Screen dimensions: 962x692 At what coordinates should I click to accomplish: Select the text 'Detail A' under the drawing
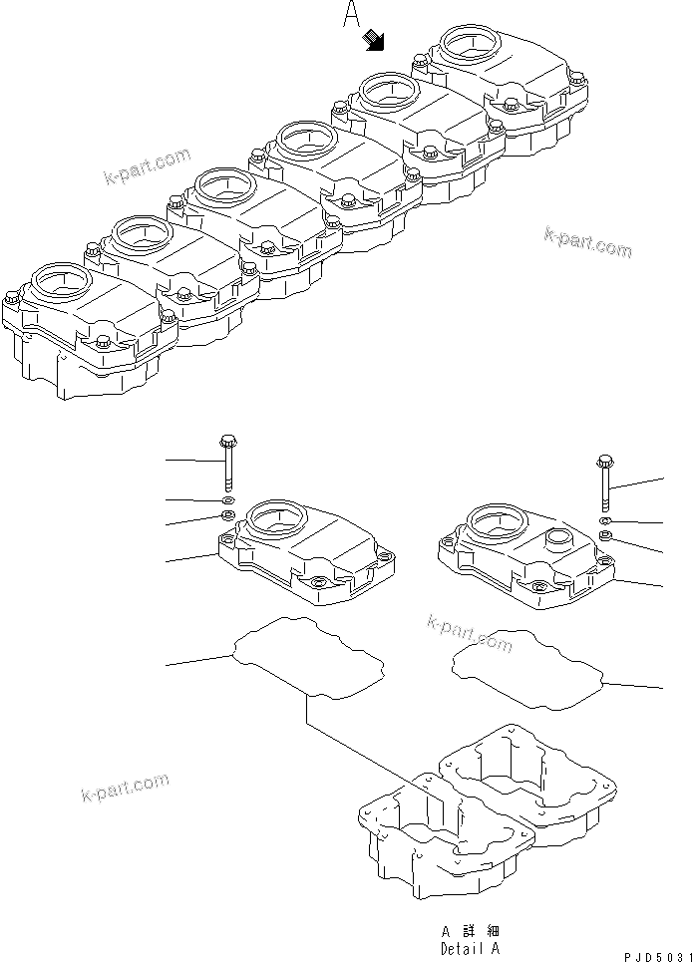coord(471,949)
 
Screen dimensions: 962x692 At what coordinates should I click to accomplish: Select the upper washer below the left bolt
coord(228,499)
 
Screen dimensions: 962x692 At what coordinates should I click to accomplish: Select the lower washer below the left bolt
coord(227,515)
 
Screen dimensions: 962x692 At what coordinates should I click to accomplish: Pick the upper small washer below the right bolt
coord(605,521)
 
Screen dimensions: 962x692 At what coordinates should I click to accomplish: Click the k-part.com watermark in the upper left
coord(146,166)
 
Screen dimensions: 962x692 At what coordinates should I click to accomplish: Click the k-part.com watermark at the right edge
coord(587,240)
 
